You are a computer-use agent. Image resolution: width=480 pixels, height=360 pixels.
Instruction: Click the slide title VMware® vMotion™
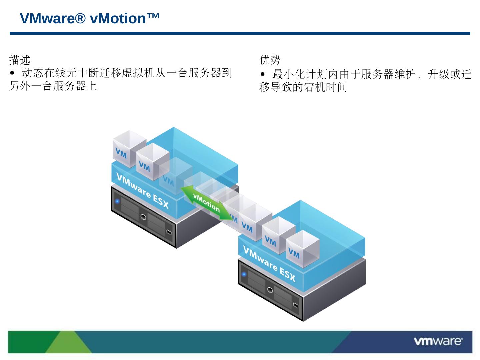(x=90, y=19)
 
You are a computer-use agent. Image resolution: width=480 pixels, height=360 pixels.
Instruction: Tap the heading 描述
(x=20, y=60)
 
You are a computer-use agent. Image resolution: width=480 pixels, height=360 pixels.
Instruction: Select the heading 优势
(x=270, y=60)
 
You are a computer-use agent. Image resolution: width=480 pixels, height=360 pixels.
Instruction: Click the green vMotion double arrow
(x=207, y=203)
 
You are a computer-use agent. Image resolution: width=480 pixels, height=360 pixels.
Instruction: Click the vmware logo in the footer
(x=438, y=341)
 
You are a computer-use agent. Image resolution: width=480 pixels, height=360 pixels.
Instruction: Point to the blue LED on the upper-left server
(x=117, y=201)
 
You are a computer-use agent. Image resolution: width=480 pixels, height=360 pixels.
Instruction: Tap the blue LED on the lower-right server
(x=244, y=274)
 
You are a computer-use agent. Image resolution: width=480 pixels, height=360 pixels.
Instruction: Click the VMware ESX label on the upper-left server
(x=143, y=191)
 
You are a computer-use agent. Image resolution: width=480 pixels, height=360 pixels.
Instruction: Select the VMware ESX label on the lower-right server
(x=269, y=264)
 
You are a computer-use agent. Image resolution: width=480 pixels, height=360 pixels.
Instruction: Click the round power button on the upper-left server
(x=143, y=217)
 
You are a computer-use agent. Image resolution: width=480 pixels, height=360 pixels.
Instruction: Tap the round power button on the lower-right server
(x=270, y=290)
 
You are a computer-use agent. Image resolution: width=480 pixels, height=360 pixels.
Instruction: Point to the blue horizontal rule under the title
(x=240, y=33)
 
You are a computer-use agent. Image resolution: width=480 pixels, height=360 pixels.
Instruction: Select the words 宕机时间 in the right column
(x=325, y=87)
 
